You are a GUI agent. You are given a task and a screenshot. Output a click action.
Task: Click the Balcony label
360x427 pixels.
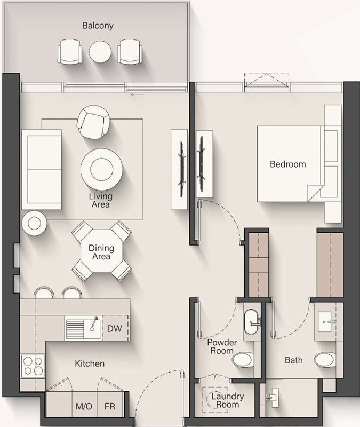(98, 26)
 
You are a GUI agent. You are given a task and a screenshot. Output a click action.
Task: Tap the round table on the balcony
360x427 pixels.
(100, 52)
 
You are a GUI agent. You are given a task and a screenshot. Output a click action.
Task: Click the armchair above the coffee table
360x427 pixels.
(94, 122)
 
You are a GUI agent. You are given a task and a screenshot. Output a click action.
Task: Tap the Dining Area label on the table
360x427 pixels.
(101, 252)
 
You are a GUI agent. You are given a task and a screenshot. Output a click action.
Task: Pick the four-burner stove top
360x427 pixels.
(33, 366)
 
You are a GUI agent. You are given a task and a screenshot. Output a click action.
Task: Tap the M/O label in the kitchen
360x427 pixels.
(84, 407)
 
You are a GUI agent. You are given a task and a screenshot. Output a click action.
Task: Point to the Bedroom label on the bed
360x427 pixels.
(288, 164)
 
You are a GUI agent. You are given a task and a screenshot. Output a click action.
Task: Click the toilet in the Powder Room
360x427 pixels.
(245, 360)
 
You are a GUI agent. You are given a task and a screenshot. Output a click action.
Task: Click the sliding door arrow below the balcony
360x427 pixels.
(137, 93)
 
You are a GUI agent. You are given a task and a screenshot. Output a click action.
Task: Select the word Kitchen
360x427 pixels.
(89, 363)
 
